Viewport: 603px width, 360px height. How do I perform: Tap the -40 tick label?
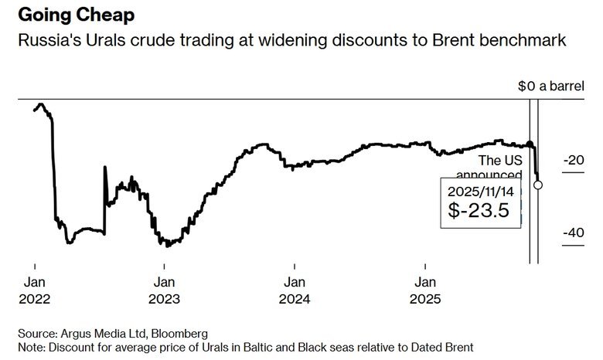pyautogui.click(x=572, y=233)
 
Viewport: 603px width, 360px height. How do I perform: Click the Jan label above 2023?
pyautogui.click(x=164, y=283)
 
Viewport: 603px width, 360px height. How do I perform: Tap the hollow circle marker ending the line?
pyautogui.click(x=538, y=185)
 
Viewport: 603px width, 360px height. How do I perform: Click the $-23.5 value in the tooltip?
pyautogui.click(x=479, y=210)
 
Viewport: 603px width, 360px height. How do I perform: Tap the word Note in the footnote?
pyautogui.click(x=31, y=347)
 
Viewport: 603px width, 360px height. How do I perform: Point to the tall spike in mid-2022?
pyautogui.click(x=105, y=168)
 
